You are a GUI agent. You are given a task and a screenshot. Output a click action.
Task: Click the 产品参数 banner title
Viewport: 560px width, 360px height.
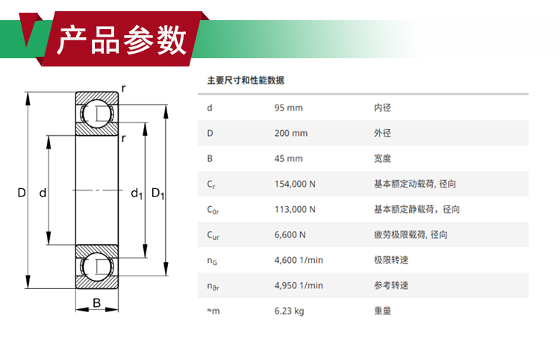(122, 40)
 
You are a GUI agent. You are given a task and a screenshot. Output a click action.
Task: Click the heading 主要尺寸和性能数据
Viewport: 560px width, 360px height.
(246, 81)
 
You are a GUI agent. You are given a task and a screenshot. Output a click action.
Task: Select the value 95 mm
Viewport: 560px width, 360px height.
(288, 108)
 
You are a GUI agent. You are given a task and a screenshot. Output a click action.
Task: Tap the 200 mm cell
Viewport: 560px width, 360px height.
(290, 133)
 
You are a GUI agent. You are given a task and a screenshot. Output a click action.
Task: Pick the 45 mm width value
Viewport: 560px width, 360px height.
(288, 158)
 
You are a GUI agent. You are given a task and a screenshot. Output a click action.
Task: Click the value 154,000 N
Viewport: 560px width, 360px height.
(295, 184)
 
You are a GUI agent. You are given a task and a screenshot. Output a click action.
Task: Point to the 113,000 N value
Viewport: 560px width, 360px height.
(295, 209)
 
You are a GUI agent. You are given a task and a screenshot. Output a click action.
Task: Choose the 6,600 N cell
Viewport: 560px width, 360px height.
(290, 235)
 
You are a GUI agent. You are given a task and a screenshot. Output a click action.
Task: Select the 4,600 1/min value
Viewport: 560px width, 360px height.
(298, 260)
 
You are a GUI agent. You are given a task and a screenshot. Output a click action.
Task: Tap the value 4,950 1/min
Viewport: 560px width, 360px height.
(298, 285)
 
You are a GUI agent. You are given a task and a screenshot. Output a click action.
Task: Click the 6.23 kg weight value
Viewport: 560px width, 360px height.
(289, 311)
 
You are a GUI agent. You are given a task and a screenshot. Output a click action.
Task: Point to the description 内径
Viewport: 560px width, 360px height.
(382, 108)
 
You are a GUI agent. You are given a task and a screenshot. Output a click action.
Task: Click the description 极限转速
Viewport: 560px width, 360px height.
(391, 260)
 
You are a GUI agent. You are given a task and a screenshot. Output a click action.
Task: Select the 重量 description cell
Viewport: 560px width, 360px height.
(382, 311)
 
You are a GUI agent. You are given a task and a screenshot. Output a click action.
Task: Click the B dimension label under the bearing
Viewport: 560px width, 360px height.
(96, 302)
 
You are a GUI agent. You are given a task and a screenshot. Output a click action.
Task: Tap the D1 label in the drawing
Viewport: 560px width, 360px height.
(158, 193)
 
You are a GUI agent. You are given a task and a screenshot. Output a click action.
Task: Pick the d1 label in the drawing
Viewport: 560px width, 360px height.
(137, 193)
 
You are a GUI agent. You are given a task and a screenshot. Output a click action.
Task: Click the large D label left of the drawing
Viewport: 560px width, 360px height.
(22, 193)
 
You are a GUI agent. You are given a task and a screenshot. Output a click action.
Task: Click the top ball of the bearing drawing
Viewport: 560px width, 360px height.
(97, 114)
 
